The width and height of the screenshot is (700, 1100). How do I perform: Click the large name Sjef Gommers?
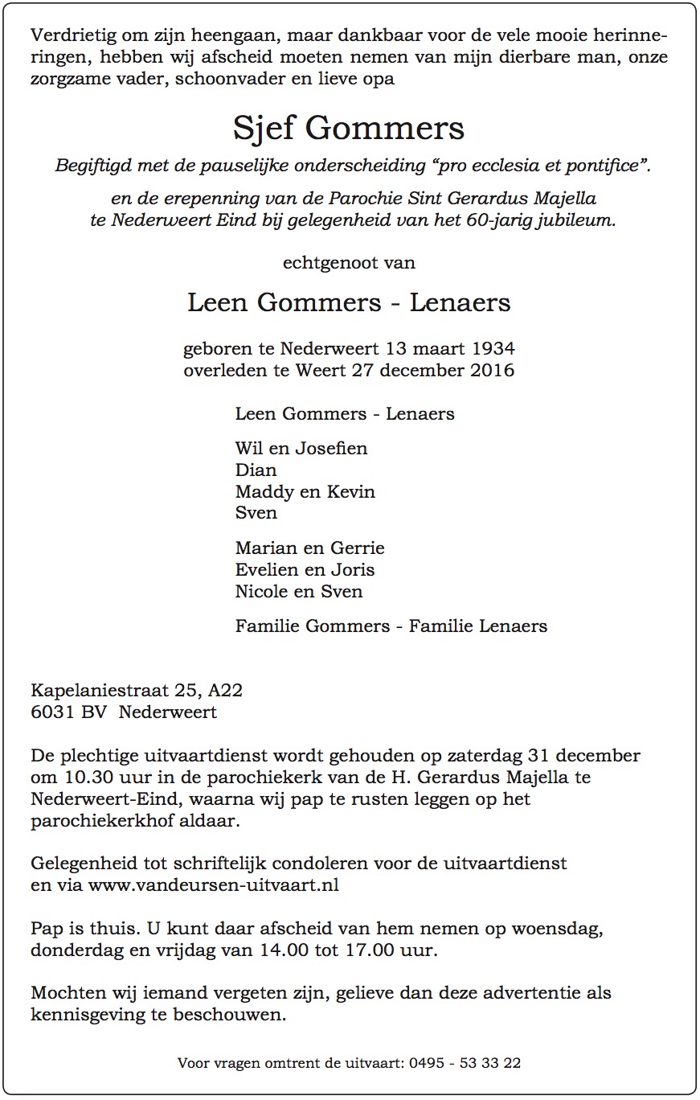click(349, 129)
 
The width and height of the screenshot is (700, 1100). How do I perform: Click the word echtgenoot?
click(330, 262)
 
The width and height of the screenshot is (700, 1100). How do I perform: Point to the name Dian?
click(256, 470)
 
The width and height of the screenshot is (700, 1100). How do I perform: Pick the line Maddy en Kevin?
click(305, 491)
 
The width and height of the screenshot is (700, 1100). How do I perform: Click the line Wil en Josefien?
click(301, 449)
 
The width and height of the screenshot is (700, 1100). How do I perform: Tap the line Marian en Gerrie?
click(309, 548)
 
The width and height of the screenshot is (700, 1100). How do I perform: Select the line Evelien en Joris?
click(305, 570)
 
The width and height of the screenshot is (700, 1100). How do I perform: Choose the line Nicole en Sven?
click(298, 592)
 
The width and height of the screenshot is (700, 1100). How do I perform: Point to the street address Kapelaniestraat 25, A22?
click(137, 691)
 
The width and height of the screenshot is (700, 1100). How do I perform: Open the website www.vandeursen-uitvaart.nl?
click(213, 885)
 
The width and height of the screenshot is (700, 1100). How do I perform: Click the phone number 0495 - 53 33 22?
click(464, 1063)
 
